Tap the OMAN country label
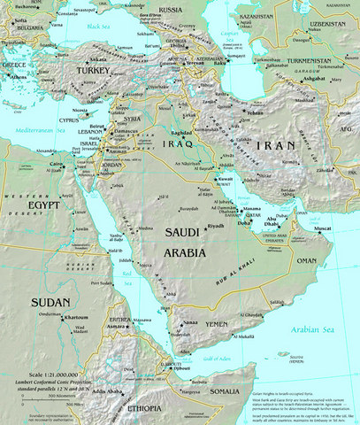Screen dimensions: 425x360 [x=306, y=261]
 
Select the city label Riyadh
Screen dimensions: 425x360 [x=215, y=227]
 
